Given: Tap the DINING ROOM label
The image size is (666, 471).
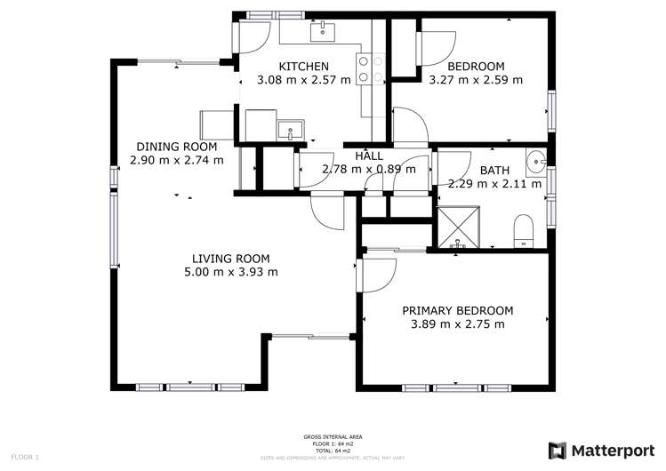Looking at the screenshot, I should coord(176,147).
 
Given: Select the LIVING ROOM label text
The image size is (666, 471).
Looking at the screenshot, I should coord(217,258).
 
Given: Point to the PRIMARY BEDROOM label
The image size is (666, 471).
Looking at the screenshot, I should coord(458,310).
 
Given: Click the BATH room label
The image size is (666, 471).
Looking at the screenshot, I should coord(495,171).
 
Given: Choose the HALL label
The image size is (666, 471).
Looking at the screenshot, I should coord(369,156).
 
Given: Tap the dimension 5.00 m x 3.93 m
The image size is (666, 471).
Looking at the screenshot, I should coord(217,272).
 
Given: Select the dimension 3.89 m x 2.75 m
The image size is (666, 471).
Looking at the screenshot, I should coord(458,324).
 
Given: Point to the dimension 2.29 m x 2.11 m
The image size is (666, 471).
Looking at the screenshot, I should coord(495,185).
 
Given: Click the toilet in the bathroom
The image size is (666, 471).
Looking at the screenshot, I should coord(523,229).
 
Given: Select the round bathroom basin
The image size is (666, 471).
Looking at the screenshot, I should coord(535,163).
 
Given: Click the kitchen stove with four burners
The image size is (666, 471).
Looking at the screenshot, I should coord(370,70).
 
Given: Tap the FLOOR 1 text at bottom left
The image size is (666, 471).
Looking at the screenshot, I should coord(24,457).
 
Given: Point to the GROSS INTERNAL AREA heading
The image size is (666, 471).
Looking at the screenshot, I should coord(333,437).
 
